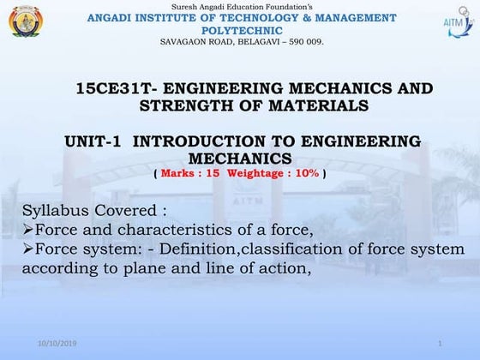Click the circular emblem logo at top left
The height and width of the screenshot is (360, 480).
click(x=25, y=21)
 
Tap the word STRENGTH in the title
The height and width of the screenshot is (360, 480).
click(x=189, y=105)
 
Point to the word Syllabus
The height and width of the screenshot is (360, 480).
click(x=52, y=211)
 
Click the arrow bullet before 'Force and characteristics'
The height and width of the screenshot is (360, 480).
click(x=27, y=231)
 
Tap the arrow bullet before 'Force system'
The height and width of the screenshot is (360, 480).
click(x=27, y=249)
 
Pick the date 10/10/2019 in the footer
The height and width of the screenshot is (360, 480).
click(x=57, y=344)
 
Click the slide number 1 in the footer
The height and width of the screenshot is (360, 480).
click(x=439, y=344)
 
